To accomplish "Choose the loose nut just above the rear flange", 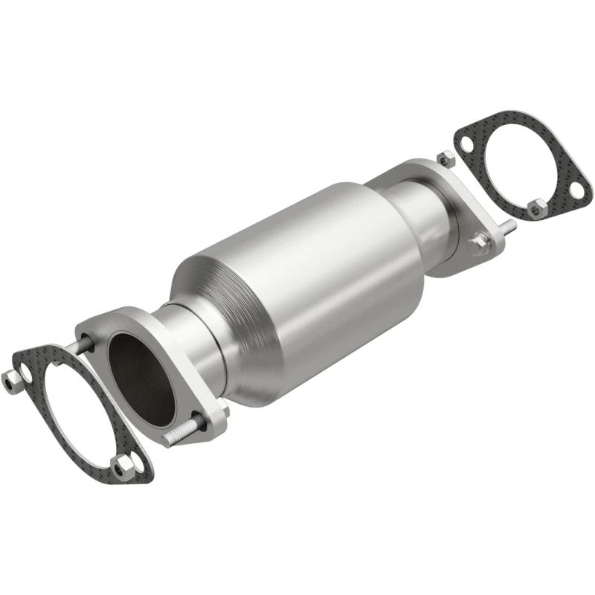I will click(447, 159).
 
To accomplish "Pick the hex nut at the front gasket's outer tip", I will click(12, 379).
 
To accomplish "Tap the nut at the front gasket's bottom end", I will click(126, 465).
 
